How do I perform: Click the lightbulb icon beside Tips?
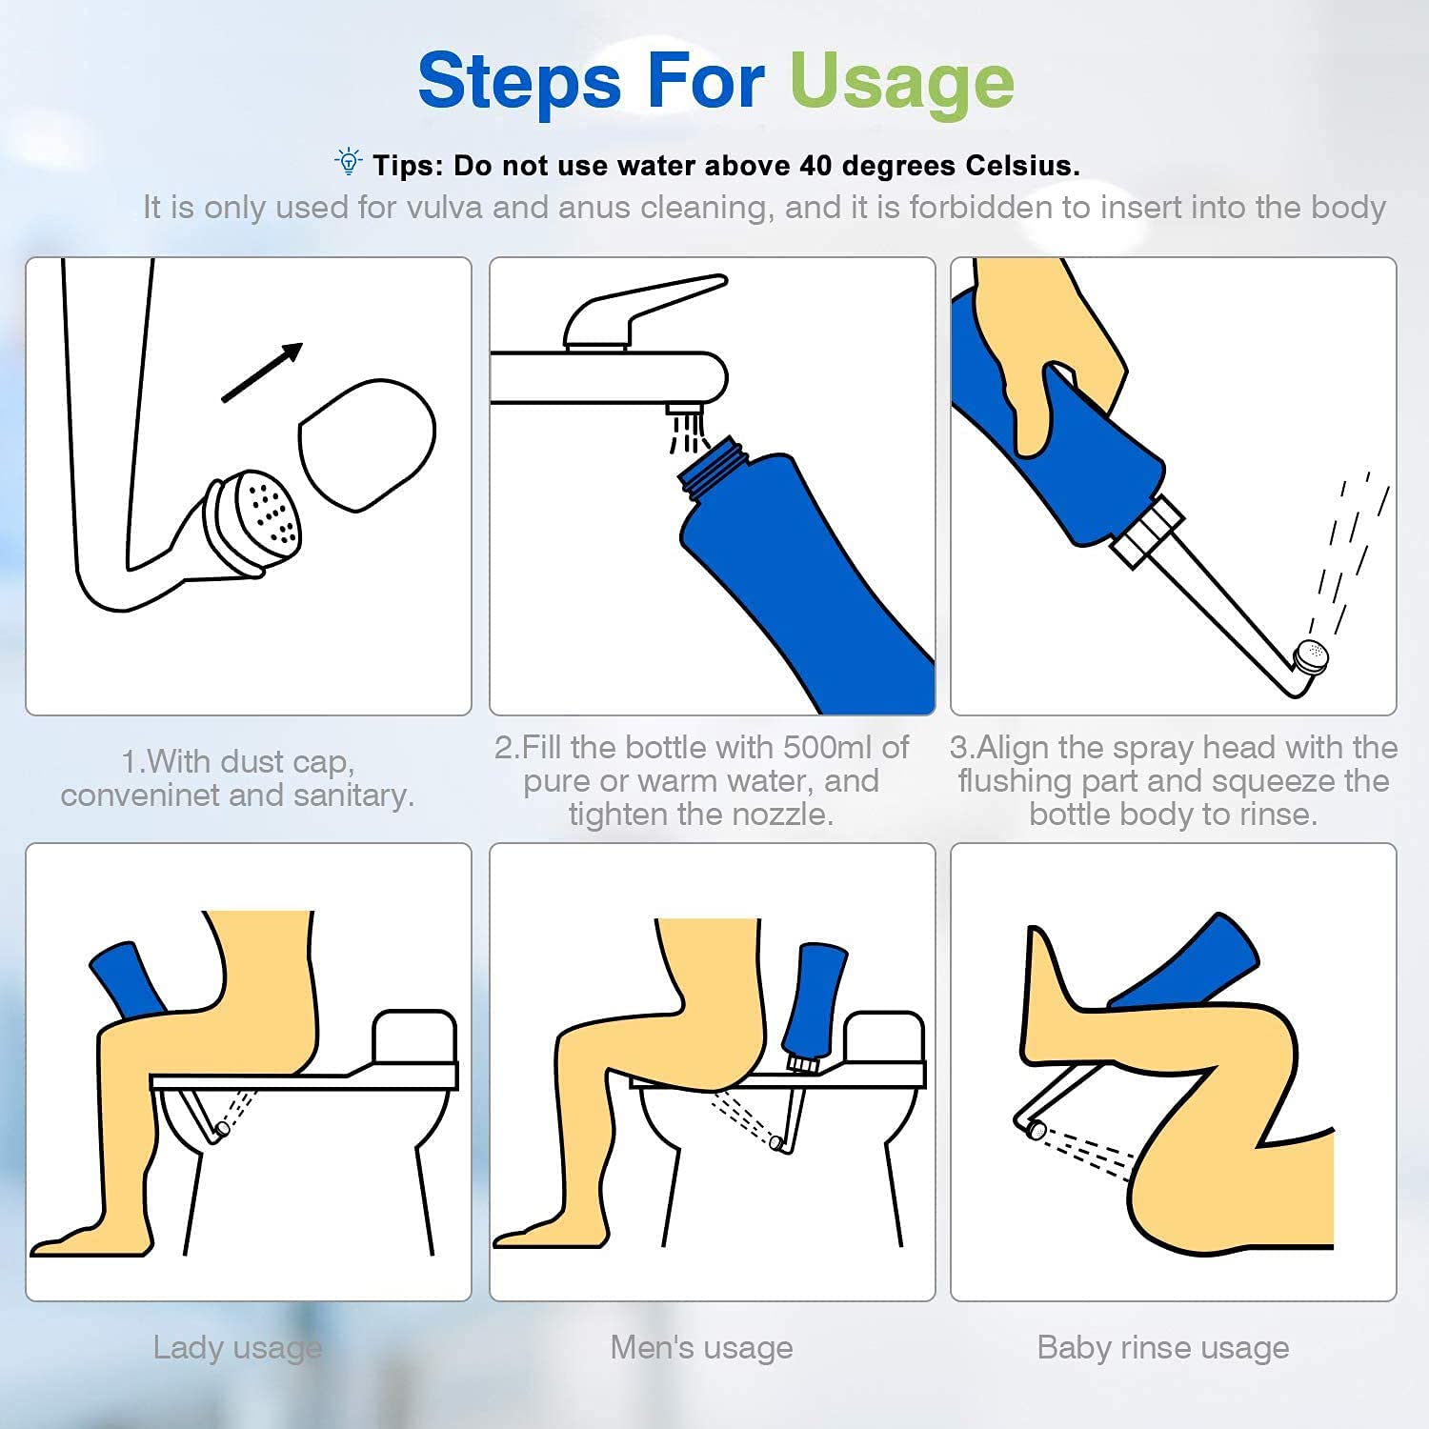[349, 162]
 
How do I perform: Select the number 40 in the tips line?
[815, 166]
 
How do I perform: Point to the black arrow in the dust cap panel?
[262, 372]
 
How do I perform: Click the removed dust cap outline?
[367, 445]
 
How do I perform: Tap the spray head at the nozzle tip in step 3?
[1311, 657]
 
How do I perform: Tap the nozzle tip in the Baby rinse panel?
[1036, 1131]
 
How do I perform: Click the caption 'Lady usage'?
[237, 1349]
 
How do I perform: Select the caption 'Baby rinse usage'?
[1163, 1348]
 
